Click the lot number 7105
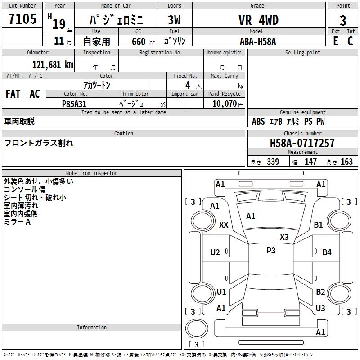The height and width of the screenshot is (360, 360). (x=22, y=18)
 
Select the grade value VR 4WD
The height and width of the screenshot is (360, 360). (x=258, y=20)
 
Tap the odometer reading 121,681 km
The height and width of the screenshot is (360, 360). (x=53, y=65)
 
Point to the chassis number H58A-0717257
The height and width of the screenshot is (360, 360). (x=302, y=143)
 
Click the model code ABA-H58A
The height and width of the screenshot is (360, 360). (x=258, y=41)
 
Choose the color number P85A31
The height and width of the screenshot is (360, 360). (x=74, y=104)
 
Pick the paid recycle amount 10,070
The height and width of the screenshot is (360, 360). (x=224, y=103)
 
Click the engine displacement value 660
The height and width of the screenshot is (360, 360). (x=139, y=41)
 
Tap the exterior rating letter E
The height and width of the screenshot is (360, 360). (x=335, y=41)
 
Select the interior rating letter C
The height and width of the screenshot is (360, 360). (x=350, y=41)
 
